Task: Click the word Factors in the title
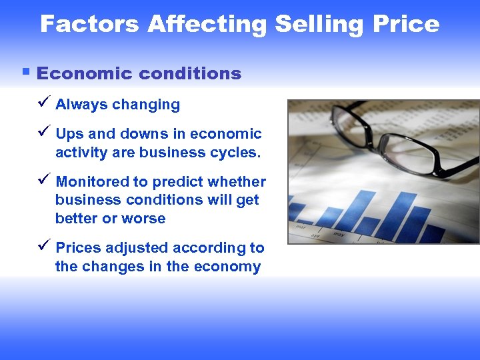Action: click(x=90, y=25)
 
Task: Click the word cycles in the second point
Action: click(x=233, y=153)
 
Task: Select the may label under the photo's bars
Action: click(x=337, y=234)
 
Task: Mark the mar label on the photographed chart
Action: click(x=301, y=226)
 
